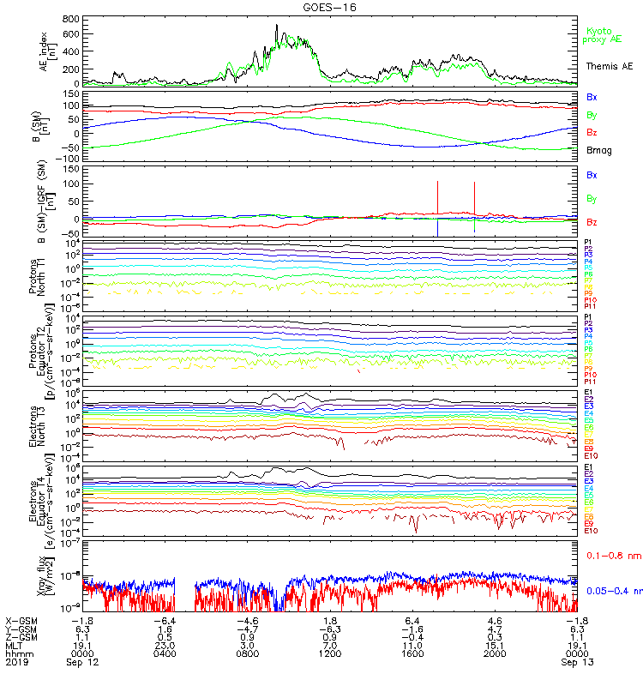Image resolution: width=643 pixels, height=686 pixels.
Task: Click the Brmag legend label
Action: (x=598, y=149)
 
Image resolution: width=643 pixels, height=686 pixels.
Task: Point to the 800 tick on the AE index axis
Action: (x=74, y=18)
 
